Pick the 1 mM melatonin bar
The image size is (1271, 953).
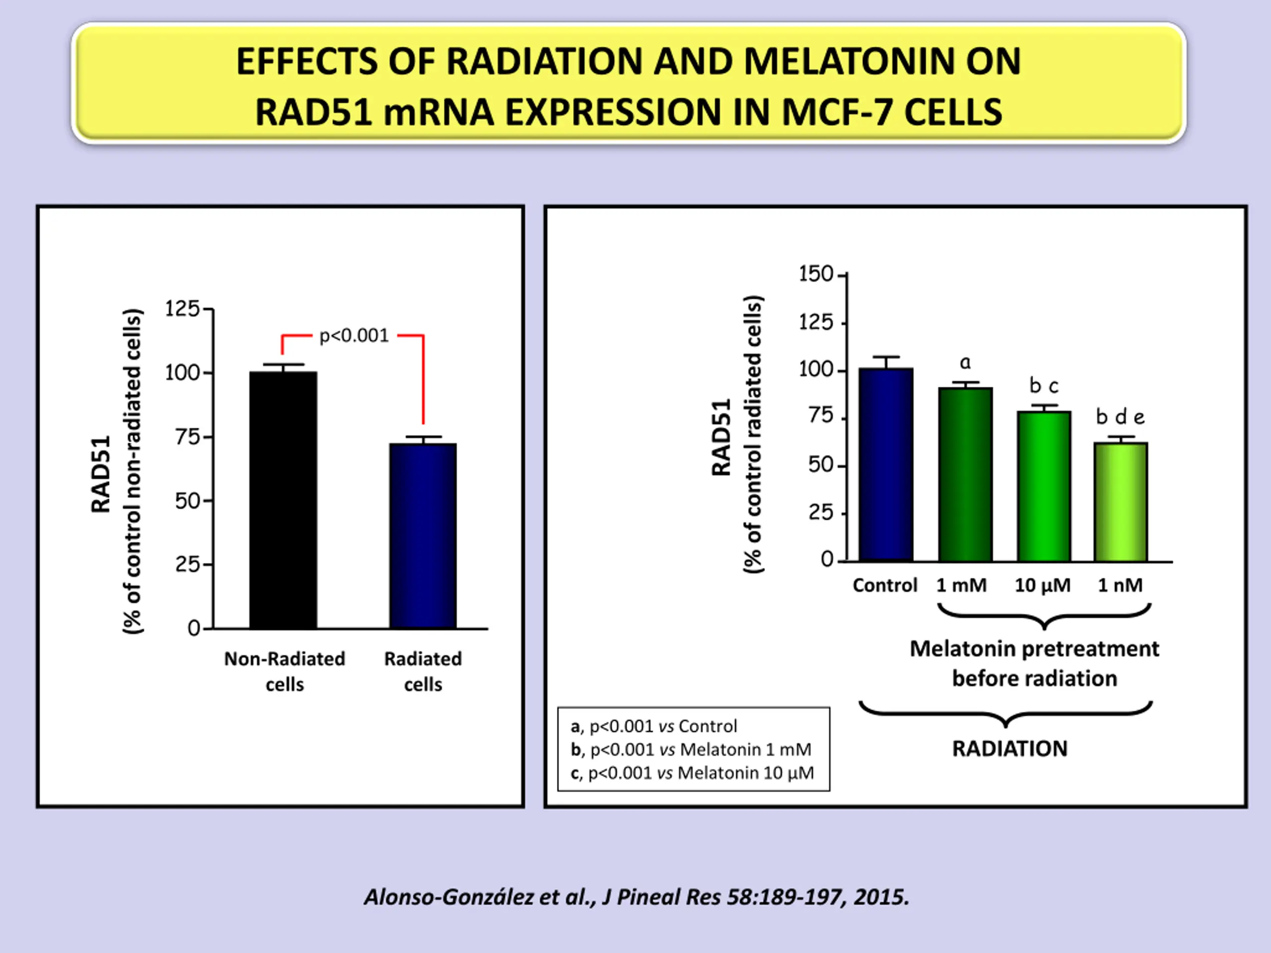click(965, 474)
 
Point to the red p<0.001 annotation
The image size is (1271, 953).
click(354, 336)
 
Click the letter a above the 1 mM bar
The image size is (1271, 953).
click(965, 362)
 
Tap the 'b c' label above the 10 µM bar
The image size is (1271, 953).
click(1044, 386)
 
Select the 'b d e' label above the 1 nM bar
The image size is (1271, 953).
click(1120, 416)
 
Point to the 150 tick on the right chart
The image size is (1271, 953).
click(815, 274)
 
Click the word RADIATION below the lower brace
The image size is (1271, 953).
click(1009, 749)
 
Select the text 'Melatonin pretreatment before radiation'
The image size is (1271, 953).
click(1034, 664)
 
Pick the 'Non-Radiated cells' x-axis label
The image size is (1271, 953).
click(284, 671)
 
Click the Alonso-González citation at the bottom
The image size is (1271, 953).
click(636, 897)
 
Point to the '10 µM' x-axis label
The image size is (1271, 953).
click(1042, 585)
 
